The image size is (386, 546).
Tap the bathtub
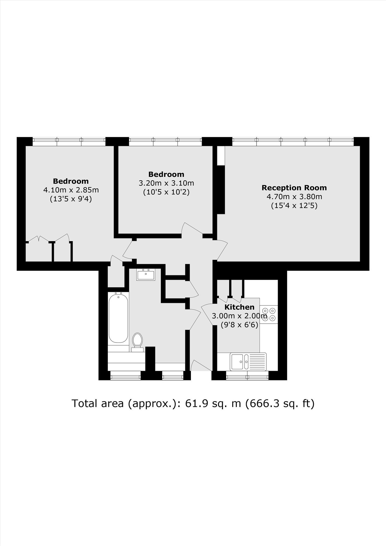click(x=118, y=318)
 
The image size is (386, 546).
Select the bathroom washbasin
click(x=146, y=275)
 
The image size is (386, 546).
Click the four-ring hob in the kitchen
click(x=269, y=314)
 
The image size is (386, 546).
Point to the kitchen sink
click(x=248, y=362)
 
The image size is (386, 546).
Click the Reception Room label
click(x=294, y=188)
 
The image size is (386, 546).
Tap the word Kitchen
click(x=239, y=307)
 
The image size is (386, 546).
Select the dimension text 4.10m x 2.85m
click(x=71, y=190)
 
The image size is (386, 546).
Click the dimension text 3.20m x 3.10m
click(x=166, y=183)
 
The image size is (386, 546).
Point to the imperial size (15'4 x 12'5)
click(x=294, y=205)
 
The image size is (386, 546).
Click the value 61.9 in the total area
click(x=195, y=403)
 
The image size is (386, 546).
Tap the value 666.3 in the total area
click(x=263, y=403)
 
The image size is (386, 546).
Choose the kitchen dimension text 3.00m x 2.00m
click(x=240, y=316)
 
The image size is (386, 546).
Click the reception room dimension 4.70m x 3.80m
click(x=294, y=196)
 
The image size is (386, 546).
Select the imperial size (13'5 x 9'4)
click(x=71, y=199)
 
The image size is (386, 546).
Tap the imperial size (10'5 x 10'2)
click(x=166, y=192)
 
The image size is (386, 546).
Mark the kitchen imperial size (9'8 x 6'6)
click(x=240, y=325)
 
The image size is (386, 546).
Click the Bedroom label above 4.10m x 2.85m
click(x=71, y=181)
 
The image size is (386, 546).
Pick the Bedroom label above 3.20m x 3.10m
click(x=166, y=174)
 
